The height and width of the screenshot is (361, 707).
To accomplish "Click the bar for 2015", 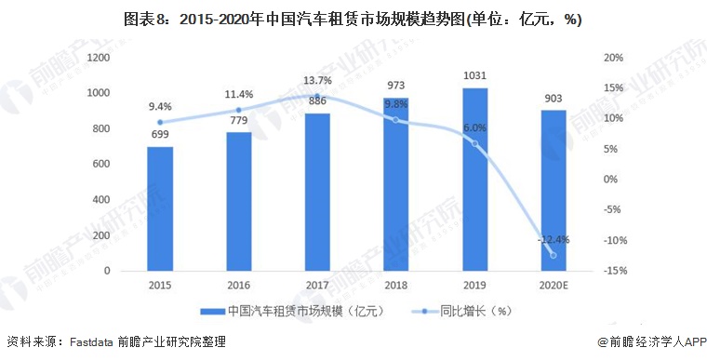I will pos(160,208).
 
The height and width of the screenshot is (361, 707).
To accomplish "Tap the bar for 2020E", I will pos(554,190).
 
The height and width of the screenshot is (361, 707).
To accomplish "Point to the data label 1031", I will pos(476,76).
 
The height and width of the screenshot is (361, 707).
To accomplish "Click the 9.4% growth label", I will pos(160,106).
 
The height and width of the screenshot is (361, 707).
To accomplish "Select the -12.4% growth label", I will pos(554,239).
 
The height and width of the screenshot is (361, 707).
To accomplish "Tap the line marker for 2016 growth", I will pos(239,110).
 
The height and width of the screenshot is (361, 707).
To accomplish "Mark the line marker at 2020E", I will pos(554,255).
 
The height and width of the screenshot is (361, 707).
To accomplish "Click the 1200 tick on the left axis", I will pos(100,58).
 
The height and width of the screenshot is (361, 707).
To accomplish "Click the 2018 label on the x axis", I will pos(397,286).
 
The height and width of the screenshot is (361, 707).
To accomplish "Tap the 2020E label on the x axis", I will pos(554,286).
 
